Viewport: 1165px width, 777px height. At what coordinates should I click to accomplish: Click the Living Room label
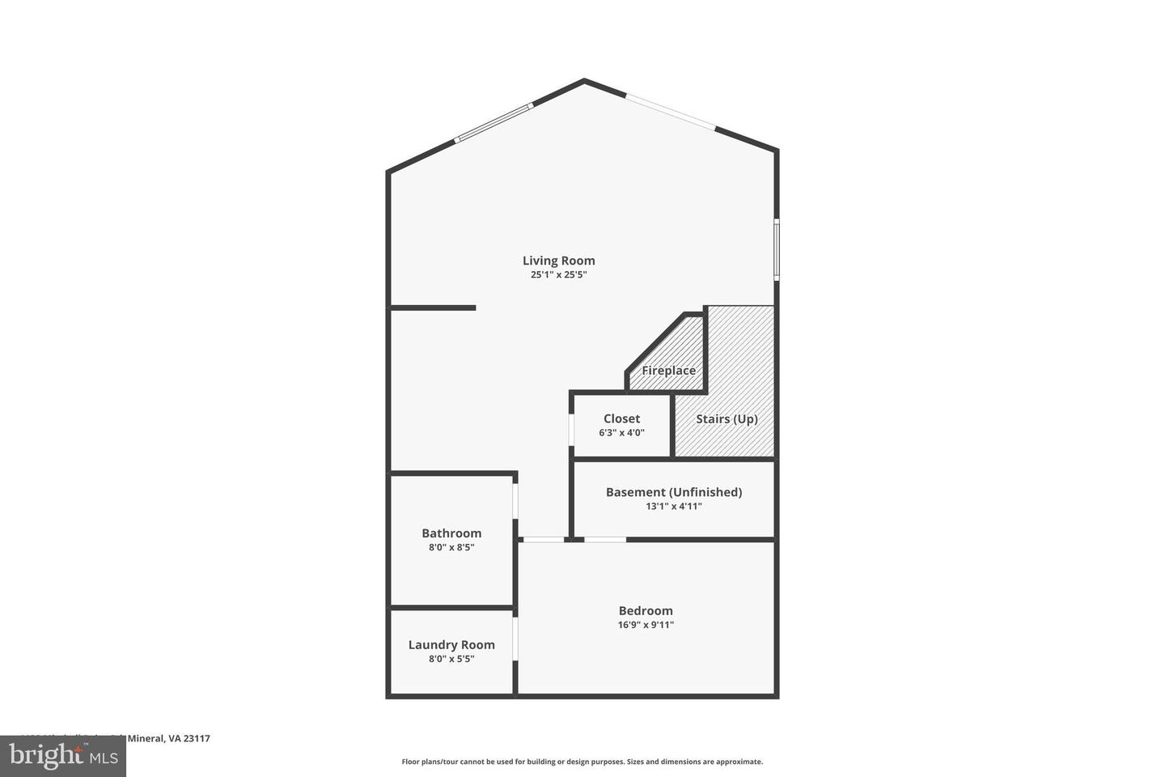click(x=558, y=261)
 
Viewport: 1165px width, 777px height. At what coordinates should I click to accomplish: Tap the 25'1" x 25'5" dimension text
click(x=558, y=275)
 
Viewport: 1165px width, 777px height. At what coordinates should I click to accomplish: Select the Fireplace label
click(x=668, y=371)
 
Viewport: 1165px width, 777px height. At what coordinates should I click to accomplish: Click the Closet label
click(x=621, y=418)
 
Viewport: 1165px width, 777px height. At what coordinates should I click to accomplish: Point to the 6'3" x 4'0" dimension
click(x=621, y=433)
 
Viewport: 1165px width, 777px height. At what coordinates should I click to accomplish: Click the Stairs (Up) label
click(x=727, y=419)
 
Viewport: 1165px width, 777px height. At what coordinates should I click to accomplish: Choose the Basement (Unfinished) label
click(x=673, y=492)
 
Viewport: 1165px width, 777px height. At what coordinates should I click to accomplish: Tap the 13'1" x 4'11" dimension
click(x=673, y=507)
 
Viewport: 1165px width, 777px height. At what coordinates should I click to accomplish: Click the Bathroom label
click(x=451, y=533)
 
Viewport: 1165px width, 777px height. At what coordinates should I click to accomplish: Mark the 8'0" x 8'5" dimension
click(x=451, y=548)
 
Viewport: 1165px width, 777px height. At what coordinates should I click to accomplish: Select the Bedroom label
click(x=646, y=611)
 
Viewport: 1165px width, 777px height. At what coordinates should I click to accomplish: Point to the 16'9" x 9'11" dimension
click(x=646, y=625)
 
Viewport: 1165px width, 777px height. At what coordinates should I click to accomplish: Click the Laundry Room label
click(x=451, y=645)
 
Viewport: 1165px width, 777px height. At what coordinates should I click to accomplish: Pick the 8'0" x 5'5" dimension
click(x=451, y=659)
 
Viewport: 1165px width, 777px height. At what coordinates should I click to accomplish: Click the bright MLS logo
click(x=62, y=756)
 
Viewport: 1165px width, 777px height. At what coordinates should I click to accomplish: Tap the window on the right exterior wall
click(x=776, y=249)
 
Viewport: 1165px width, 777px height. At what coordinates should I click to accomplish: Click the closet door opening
click(x=572, y=426)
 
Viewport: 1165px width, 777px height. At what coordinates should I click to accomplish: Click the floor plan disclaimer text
click(x=582, y=762)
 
